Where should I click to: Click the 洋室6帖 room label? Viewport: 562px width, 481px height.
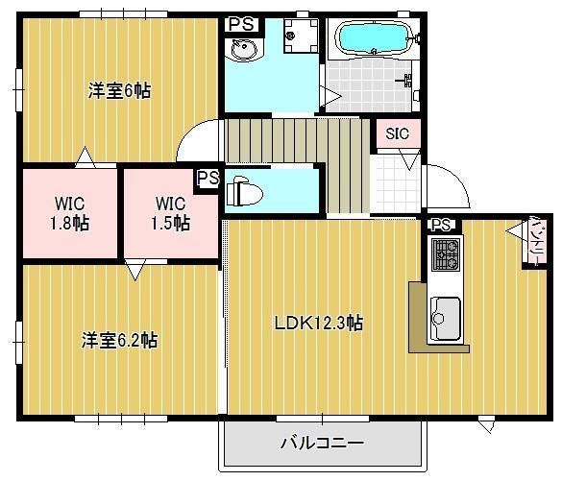click(120, 91)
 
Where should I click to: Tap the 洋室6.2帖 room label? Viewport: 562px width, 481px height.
click(120, 340)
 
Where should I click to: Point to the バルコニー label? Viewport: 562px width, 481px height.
click(322, 444)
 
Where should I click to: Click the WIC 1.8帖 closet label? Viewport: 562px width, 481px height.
click(69, 213)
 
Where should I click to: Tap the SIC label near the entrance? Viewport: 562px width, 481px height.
click(398, 133)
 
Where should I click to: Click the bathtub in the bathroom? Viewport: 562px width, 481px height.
click(371, 39)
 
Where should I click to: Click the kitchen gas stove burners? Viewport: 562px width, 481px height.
click(446, 254)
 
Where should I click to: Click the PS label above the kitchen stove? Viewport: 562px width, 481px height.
click(441, 226)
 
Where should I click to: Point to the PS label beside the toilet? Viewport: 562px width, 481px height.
click(208, 179)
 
